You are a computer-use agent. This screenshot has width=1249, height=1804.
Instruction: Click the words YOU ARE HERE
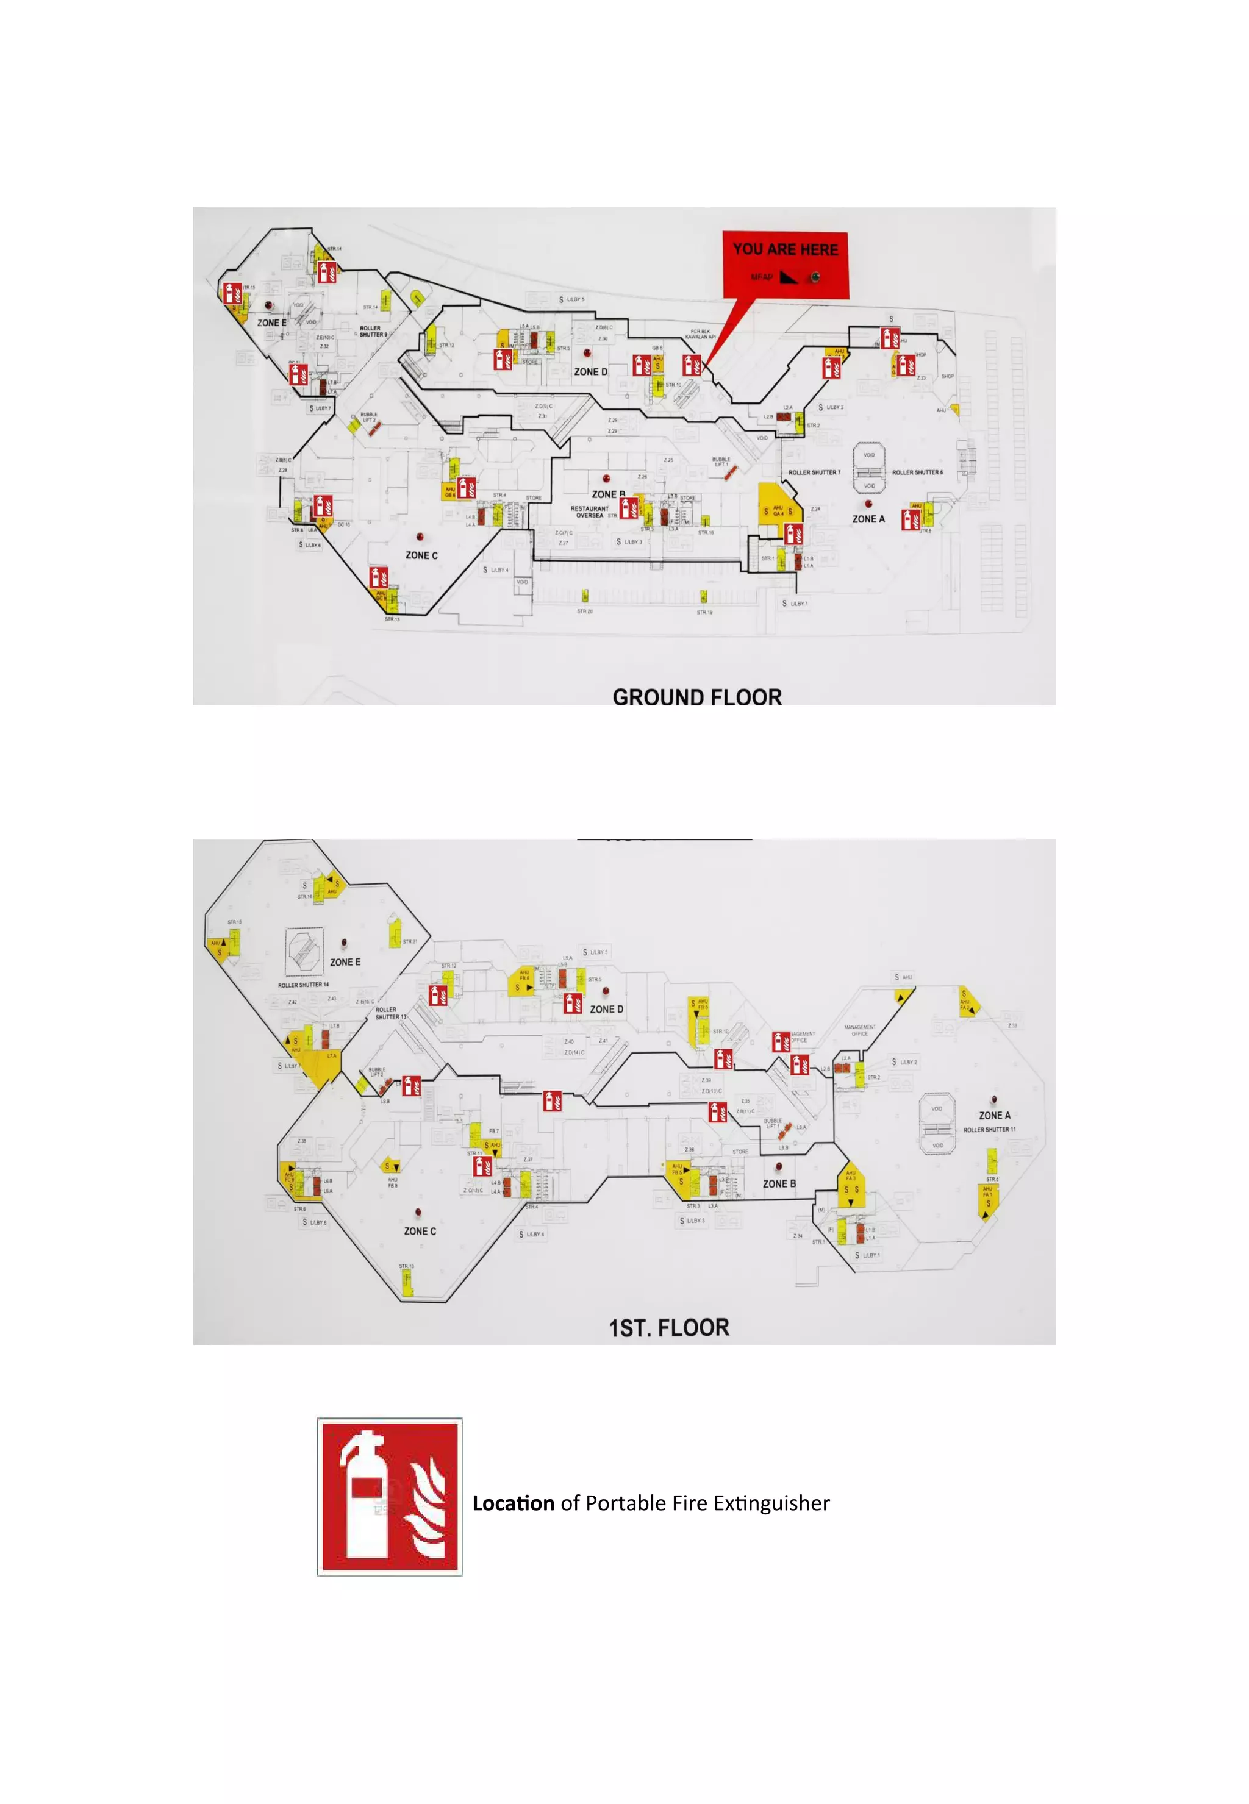coord(785,249)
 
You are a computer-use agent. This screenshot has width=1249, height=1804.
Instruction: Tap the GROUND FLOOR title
coord(696,697)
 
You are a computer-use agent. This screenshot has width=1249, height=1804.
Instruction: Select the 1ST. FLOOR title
coord(669,1328)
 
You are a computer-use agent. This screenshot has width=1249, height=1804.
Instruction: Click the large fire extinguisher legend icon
coord(390,1497)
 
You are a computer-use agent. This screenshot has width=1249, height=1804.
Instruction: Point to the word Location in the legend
coord(514,1503)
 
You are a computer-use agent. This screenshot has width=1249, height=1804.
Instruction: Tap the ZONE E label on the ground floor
coord(271,323)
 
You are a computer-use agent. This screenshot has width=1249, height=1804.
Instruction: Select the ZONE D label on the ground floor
coord(591,372)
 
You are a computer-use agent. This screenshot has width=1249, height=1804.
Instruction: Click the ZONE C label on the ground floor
coord(421,555)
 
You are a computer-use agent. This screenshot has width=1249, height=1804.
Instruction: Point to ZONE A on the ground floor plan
coord(868,519)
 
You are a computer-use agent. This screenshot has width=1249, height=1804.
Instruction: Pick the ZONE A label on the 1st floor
coord(995,1115)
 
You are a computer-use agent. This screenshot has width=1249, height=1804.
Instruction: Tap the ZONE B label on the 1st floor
coord(779,1183)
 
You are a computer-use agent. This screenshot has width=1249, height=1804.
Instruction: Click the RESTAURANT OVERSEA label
coord(589,512)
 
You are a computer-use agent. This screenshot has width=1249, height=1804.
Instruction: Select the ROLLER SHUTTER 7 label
coord(815,472)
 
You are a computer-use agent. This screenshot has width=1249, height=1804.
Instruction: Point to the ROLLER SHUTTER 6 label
coord(917,472)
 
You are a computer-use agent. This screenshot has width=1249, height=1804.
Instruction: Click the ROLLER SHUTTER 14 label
coord(304,985)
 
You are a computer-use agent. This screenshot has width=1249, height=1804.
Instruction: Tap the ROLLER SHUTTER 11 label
coord(990,1130)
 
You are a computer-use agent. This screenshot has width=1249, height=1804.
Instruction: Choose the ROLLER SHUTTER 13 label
coord(390,1013)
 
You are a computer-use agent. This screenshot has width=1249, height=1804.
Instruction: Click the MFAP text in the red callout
coord(762,277)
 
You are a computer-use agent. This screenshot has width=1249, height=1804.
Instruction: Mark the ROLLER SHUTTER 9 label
coord(373,332)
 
